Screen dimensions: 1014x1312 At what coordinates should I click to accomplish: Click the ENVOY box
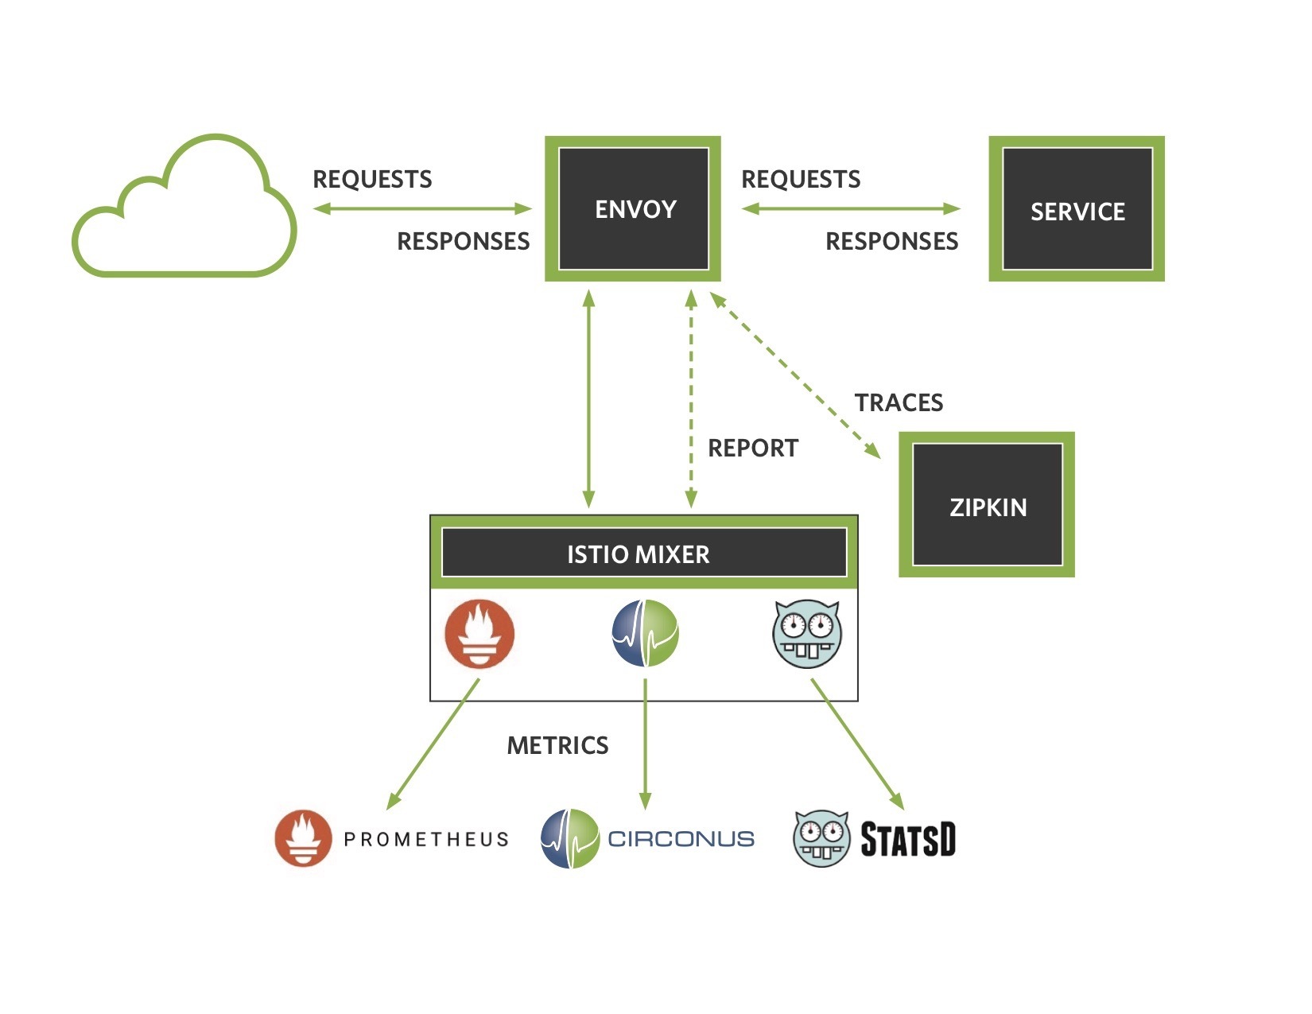coord(633,208)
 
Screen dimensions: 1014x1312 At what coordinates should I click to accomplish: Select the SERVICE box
coord(1077,209)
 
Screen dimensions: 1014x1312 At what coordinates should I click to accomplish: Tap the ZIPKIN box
coord(987,505)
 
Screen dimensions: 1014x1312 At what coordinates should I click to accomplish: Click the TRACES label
coord(899,402)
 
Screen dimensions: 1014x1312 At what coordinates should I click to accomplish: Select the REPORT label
coord(752,448)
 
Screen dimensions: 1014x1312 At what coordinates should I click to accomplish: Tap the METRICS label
coord(557,745)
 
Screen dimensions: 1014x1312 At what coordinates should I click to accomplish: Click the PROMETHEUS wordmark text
coord(426,839)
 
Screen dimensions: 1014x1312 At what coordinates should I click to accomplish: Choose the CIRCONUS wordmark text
coord(681,838)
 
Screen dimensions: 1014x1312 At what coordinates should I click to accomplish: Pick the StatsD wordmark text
coord(908,840)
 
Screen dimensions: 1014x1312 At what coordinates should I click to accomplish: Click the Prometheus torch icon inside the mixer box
coord(479,634)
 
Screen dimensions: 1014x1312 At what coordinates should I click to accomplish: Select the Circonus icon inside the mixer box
coord(645,634)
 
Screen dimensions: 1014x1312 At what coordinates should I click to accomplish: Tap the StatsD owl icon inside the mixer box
coord(807,634)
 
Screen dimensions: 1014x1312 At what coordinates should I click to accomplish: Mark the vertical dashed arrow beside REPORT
coord(691,398)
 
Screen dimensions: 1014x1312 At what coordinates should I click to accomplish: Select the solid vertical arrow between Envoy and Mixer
coord(588,398)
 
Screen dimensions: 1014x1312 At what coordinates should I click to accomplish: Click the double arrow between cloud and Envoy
coord(422,209)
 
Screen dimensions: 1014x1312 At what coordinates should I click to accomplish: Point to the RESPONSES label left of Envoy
coord(463,241)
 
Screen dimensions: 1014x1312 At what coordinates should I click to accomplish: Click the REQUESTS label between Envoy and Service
coord(801,179)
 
